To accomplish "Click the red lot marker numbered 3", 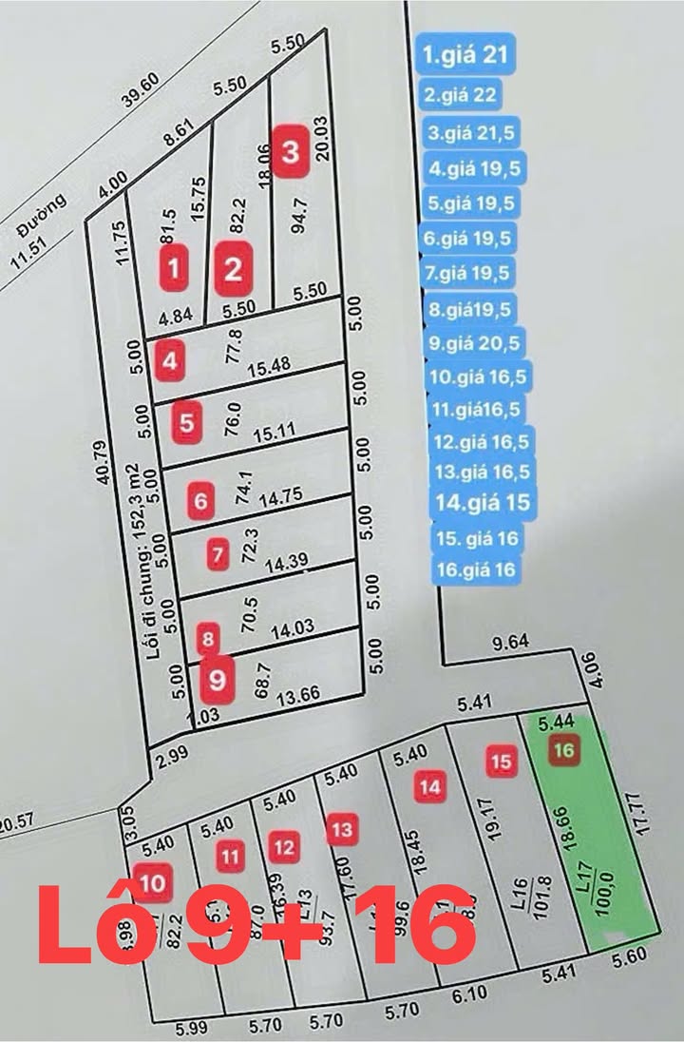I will click(291, 150).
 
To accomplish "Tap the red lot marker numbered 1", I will click(172, 268).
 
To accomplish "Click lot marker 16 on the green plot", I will click(564, 750).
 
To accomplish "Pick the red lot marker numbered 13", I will click(342, 829).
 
